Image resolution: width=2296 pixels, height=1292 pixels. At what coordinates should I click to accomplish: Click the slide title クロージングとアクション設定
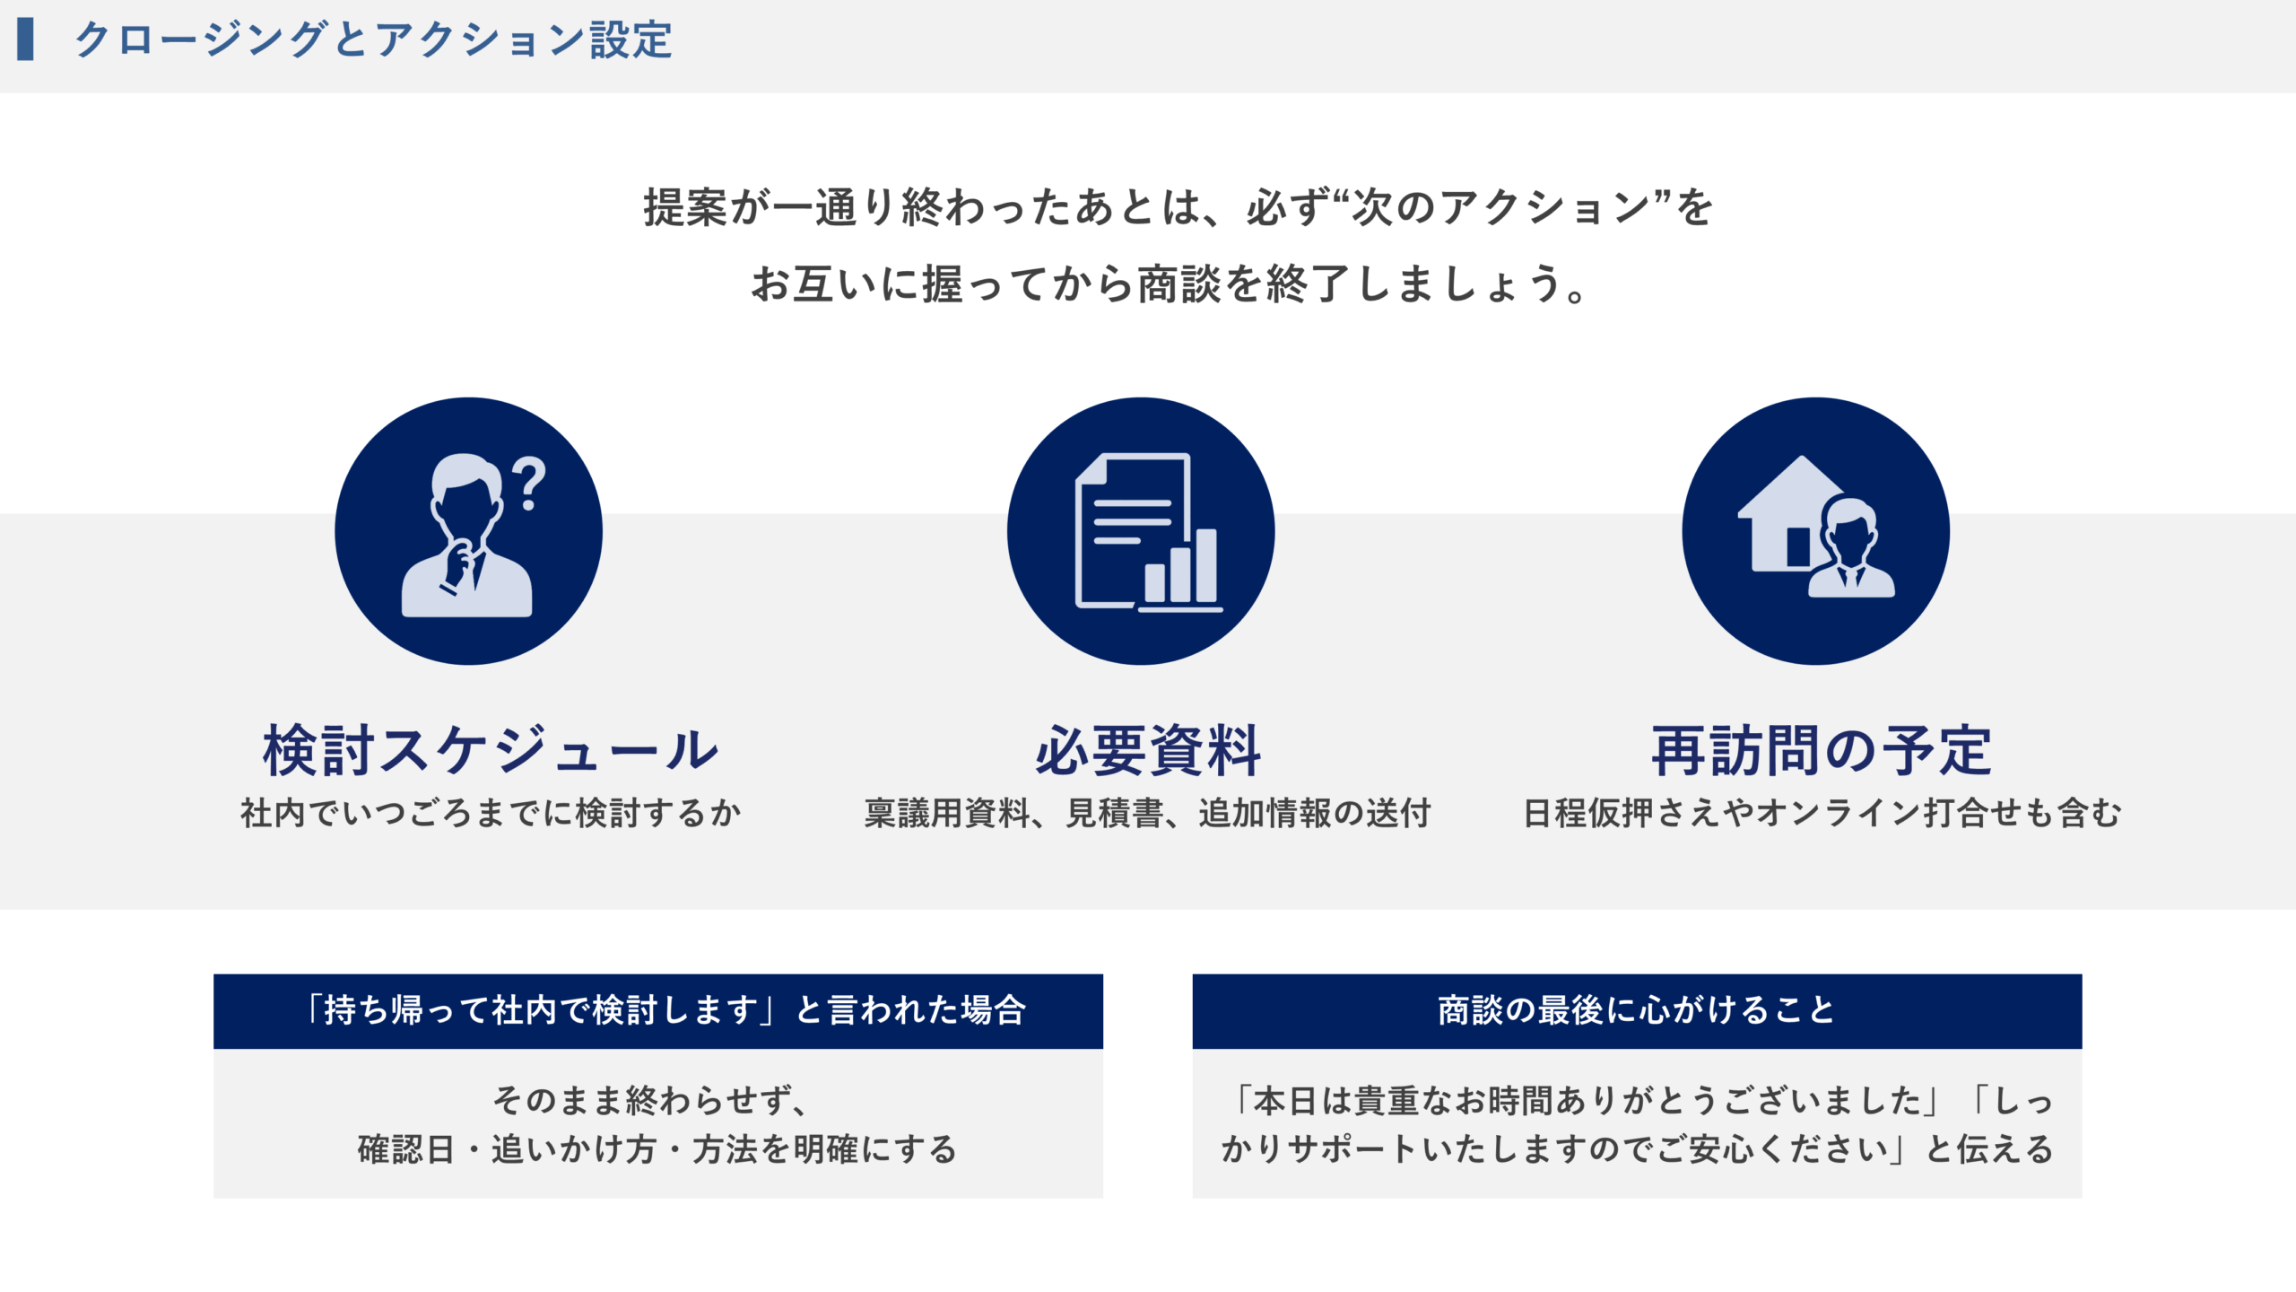tap(373, 40)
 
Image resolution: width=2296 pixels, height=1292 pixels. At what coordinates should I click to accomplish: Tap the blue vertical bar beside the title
tap(25, 39)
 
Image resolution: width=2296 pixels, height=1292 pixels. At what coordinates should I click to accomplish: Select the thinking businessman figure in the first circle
tap(466, 535)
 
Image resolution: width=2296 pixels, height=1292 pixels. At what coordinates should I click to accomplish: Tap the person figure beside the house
tap(1851, 547)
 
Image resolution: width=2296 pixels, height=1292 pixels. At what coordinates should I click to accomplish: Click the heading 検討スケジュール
tap(491, 750)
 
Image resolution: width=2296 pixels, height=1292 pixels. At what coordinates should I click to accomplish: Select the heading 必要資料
tap(1148, 750)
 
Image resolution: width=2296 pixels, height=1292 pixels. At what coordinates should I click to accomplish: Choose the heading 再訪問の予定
tap(1822, 750)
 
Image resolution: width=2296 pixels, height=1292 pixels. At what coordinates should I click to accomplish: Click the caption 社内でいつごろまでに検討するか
tap(491, 813)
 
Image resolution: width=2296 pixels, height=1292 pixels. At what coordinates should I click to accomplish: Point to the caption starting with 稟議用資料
tap(1147, 813)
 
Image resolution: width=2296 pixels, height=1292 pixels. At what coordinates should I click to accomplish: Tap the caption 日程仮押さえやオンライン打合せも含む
tap(1822, 813)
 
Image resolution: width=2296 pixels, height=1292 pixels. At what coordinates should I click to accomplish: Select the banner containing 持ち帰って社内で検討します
tap(658, 1011)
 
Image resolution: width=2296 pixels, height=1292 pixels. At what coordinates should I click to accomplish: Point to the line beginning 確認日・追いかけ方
tap(657, 1149)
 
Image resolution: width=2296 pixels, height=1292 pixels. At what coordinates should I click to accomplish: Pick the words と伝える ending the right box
tap(1989, 1149)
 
